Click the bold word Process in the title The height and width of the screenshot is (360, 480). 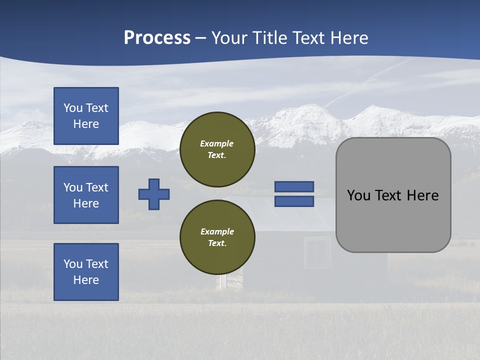coord(157,38)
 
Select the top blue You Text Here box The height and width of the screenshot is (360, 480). coord(86,116)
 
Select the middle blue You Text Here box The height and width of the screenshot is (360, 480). coord(86,195)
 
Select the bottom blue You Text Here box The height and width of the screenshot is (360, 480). coord(86,272)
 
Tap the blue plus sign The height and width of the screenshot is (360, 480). coord(154,194)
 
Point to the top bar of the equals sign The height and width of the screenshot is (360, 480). coord(294,187)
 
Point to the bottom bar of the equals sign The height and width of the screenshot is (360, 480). coord(294,201)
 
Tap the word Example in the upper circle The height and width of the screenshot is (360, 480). coord(217,143)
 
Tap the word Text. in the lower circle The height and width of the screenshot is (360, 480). coord(217,243)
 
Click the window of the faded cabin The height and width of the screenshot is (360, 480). coord(317,253)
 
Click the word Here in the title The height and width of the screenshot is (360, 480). coord(347,38)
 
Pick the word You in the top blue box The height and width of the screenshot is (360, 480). coord(72,108)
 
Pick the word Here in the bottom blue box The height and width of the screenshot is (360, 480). coord(86,280)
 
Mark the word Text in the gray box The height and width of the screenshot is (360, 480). coord(386,195)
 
